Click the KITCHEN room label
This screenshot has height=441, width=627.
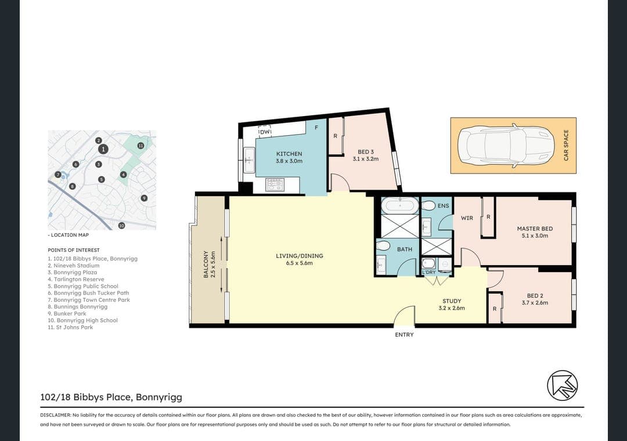point(289,154)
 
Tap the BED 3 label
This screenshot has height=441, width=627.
point(365,152)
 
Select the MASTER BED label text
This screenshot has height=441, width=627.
point(535,229)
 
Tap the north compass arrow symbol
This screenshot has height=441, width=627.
point(562,385)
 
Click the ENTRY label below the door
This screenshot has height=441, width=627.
point(404,335)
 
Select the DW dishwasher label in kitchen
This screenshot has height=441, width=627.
point(265,132)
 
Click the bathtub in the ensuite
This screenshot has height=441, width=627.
point(399,205)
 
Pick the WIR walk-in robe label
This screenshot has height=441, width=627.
point(467,218)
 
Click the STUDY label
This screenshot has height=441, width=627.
point(452,301)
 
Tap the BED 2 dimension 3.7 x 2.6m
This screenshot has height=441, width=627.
point(535,303)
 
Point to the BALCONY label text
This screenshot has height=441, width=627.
point(206,264)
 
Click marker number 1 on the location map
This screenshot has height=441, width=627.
point(103,149)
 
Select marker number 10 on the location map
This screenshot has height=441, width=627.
point(121,226)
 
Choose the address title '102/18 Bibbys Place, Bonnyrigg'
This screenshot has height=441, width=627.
point(111,397)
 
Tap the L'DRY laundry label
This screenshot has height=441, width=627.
point(428,272)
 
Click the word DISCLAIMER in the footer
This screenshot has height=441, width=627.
point(55,415)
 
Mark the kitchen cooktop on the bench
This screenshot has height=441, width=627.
point(274,185)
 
